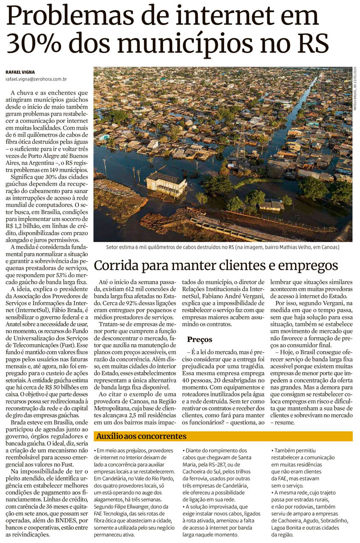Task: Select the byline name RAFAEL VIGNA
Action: point(21,71)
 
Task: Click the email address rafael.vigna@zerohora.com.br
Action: point(36,79)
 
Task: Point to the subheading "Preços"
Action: point(200,339)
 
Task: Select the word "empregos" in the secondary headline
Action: point(307,265)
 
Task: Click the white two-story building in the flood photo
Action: point(166,183)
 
